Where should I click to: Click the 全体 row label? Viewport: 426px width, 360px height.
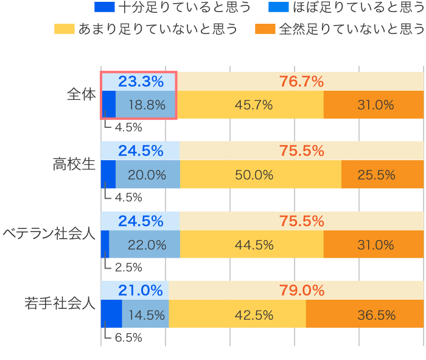pos(82,95)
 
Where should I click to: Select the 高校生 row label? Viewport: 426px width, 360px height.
pos(74,164)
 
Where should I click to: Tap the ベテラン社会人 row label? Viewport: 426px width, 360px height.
pos(49,234)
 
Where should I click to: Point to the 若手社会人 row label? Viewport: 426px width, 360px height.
pos(60,303)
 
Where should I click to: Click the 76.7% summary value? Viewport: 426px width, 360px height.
pos(301,81)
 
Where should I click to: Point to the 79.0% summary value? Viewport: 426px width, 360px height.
pos(301,291)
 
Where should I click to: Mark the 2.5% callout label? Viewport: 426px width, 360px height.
pos(128,267)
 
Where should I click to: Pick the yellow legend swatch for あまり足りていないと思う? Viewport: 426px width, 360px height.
pos(64,29)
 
